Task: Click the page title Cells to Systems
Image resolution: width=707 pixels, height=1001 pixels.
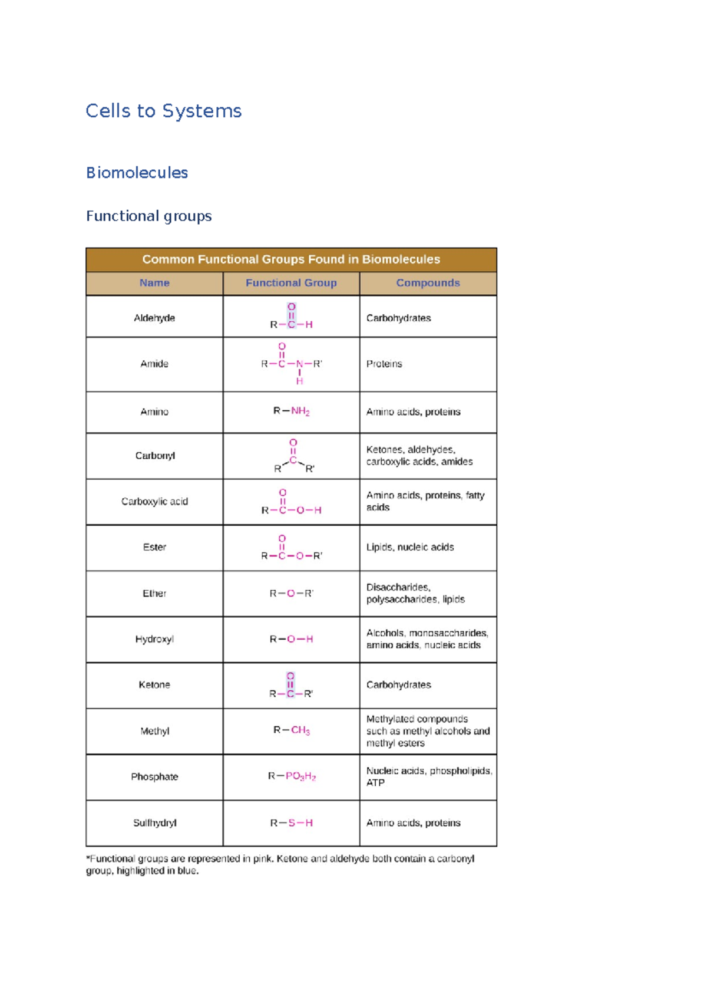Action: [163, 111]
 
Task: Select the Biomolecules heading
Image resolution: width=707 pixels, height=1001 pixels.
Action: [137, 173]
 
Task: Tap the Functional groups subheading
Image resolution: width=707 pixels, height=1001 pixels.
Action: [148, 216]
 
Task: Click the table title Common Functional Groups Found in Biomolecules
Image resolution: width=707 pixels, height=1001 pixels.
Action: [291, 259]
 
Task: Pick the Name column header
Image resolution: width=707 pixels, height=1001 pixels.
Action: [154, 283]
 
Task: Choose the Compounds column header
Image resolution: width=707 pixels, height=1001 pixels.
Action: [428, 283]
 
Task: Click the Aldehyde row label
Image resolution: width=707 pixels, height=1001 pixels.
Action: [154, 318]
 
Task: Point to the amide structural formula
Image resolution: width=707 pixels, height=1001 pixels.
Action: [292, 364]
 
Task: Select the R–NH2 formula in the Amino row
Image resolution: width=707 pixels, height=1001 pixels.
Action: [291, 411]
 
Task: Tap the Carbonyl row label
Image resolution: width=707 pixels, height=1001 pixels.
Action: [155, 456]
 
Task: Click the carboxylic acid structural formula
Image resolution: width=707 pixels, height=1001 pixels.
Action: [291, 502]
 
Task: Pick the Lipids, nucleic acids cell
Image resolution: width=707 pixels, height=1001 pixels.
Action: [410, 547]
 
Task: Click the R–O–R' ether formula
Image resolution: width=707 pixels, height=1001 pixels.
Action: [291, 593]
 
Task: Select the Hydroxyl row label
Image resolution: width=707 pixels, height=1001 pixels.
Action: [154, 639]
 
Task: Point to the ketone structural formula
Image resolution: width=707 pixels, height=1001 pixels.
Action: [291, 685]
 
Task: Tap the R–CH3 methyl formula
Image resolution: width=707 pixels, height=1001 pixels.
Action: [291, 730]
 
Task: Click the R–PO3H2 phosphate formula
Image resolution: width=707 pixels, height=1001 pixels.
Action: [292, 776]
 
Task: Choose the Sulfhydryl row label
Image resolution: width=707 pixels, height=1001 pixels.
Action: [154, 822]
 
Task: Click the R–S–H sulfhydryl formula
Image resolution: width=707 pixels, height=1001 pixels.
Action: [291, 822]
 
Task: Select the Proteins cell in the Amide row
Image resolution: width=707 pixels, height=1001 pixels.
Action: [384, 364]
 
